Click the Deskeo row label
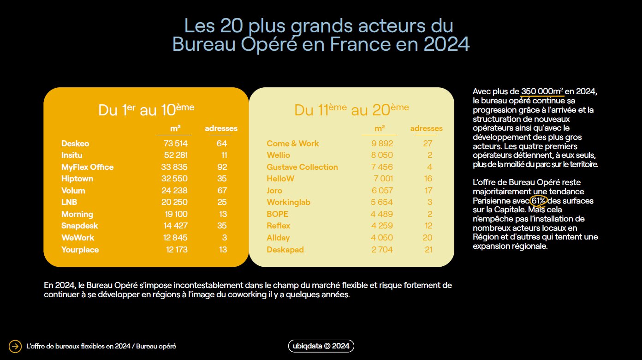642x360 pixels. click(x=75, y=144)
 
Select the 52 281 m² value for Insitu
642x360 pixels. click(x=176, y=155)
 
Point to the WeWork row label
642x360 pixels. click(x=77, y=238)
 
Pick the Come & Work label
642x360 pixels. click(x=292, y=144)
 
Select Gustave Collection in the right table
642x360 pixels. click(x=302, y=167)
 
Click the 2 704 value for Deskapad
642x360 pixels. click(x=382, y=250)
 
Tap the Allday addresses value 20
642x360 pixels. click(x=427, y=238)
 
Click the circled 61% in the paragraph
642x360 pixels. click(x=538, y=201)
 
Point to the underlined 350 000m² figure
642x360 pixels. click(x=542, y=91)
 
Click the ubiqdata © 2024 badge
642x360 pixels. click(x=321, y=346)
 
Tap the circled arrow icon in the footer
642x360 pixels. click(x=15, y=346)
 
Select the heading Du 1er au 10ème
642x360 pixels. click(x=146, y=110)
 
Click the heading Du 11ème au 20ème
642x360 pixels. click(x=351, y=110)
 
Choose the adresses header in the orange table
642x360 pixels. click(x=221, y=128)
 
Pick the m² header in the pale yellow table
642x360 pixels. click(x=380, y=128)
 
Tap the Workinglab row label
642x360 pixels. click(x=288, y=202)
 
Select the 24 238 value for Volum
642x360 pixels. click(x=176, y=191)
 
